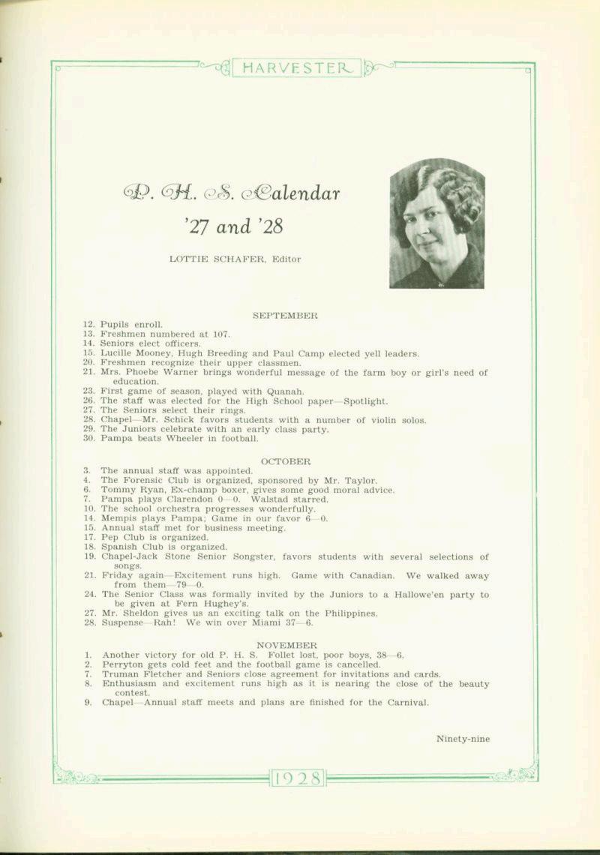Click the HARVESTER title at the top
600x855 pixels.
(297, 69)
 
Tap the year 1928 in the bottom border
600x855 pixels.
(298, 777)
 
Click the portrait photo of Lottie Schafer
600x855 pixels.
(436, 223)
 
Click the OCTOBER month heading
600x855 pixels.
(285, 461)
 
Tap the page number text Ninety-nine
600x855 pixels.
(463, 739)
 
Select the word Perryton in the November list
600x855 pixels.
(123, 664)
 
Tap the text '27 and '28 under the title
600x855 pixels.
(232, 226)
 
